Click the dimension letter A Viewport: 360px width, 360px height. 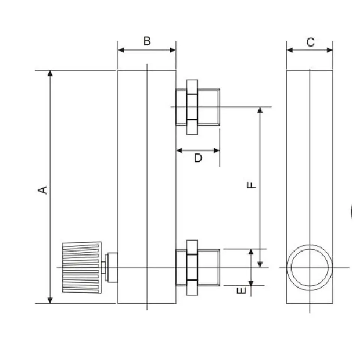coord(44,189)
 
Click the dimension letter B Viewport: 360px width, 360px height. coord(147,41)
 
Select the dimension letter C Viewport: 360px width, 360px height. coord(310,42)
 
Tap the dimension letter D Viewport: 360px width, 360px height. coord(198,158)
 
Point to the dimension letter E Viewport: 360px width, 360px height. coord(243,290)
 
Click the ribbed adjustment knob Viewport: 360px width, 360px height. coord(82,267)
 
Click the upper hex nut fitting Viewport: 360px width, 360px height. coord(192,107)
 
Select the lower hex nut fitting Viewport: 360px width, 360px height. coord(192,267)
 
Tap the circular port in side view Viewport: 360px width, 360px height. coord(310,267)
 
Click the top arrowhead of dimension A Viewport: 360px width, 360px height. coord(50,73)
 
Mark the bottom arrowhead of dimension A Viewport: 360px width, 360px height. coord(50,300)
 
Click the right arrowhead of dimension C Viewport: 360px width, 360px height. coord(330,50)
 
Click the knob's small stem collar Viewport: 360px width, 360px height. coord(111,267)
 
